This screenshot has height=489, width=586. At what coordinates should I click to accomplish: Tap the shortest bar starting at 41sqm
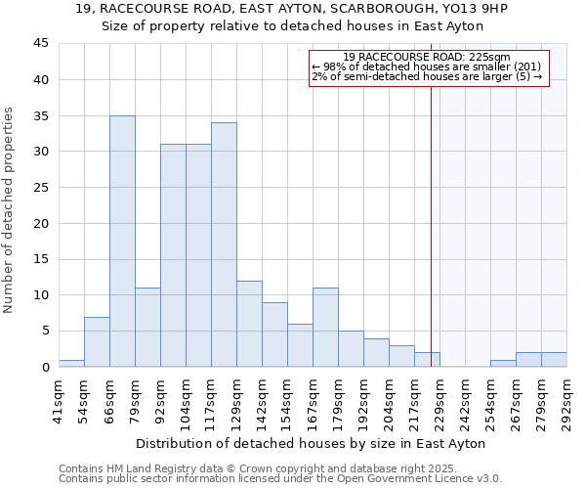coord(71,363)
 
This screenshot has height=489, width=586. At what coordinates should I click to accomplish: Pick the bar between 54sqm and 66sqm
coord(97,341)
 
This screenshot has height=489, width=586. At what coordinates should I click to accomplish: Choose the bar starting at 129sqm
coord(249,324)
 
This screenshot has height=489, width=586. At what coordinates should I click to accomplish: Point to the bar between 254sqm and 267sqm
coord(503,363)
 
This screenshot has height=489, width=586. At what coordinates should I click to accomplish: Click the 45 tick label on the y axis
coord(41,44)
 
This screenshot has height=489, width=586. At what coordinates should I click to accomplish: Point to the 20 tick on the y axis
coord(41,223)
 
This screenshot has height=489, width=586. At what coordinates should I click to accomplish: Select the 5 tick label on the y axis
coord(45,331)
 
